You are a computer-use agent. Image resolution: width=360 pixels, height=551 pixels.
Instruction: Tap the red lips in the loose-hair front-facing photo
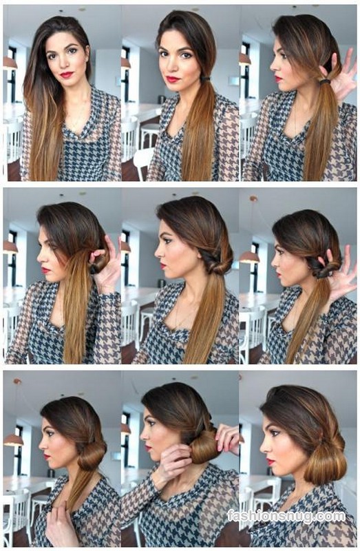(x=66, y=74)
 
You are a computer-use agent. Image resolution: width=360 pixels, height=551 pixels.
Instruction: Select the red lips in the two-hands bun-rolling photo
(x=149, y=448)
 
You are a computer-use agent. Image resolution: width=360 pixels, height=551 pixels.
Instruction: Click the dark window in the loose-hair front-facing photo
(x=12, y=72)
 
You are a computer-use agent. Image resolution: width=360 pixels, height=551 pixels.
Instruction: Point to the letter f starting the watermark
(x=231, y=516)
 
